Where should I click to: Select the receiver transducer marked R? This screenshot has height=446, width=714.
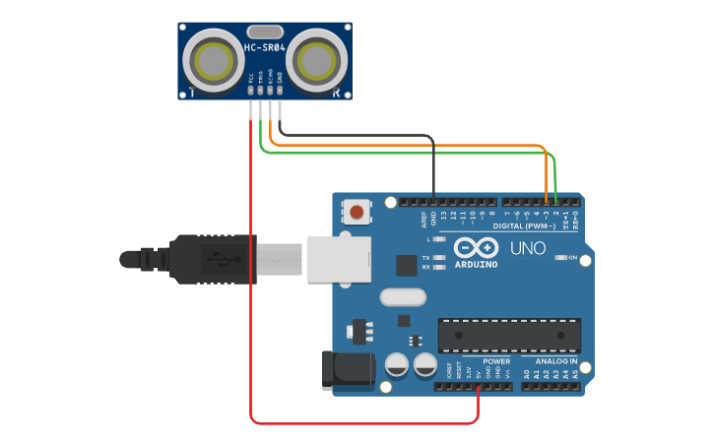tap(318, 60)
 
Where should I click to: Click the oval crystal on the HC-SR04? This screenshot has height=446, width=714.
tap(265, 32)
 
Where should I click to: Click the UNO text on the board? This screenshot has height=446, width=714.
tap(528, 247)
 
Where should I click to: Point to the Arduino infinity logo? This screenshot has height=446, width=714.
tap(475, 247)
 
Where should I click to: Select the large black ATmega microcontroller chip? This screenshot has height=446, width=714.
tap(509, 336)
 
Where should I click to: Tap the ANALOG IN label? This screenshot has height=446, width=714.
tap(557, 361)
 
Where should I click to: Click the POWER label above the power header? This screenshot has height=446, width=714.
tap(496, 361)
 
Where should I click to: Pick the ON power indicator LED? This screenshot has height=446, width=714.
tap(559, 258)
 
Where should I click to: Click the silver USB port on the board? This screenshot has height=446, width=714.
tap(336, 259)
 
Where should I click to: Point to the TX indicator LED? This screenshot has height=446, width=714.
tap(439, 258)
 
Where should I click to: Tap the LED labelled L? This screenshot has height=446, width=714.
tap(439, 239)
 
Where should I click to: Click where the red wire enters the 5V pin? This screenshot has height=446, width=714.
tap(479, 387)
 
